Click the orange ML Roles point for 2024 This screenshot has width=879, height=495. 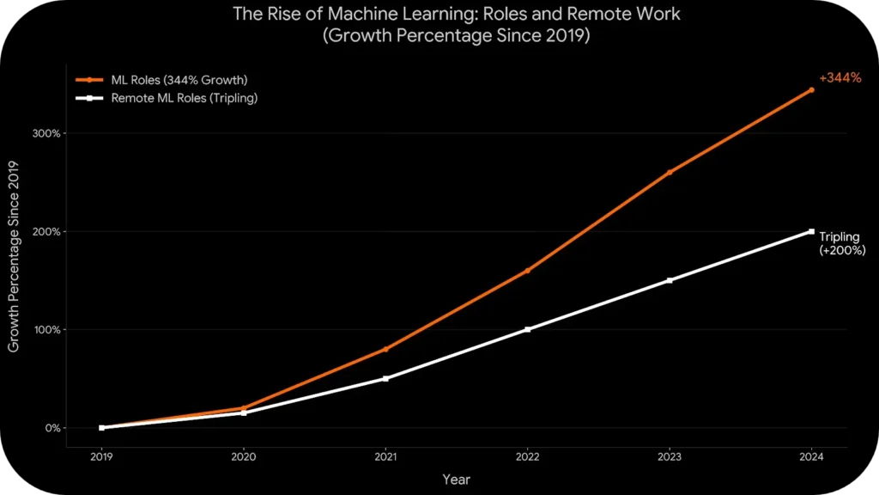pyautogui.click(x=811, y=89)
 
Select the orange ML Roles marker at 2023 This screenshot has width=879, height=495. pyautogui.click(x=670, y=172)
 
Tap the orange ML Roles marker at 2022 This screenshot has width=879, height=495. pyautogui.click(x=527, y=271)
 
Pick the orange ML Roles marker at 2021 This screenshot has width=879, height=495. pyautogui.click(x=385, y=349)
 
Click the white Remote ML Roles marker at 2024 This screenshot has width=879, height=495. pyautogui.click(x=811, y=231)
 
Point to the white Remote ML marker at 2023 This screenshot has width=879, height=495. pyautogui.click(x=670, y=280)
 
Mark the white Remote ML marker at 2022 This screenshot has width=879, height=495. pyautogui.click(x=527, y=329)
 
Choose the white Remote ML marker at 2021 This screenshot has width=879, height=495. pyautogui.click(x=385, y=378)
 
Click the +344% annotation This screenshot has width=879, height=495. pyautogui.click(x=840, y=78)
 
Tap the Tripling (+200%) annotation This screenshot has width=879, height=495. pyautogui.click(x=841, y=243)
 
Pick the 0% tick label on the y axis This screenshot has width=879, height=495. pyautogui.click(x=52, y=428)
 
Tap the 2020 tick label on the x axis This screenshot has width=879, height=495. pyautogui.click(x=244, y=458)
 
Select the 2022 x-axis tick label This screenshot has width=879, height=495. pyautogui.click(x=527, y=458)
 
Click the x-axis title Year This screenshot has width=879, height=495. pyautogui.click(x=456, y=480)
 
